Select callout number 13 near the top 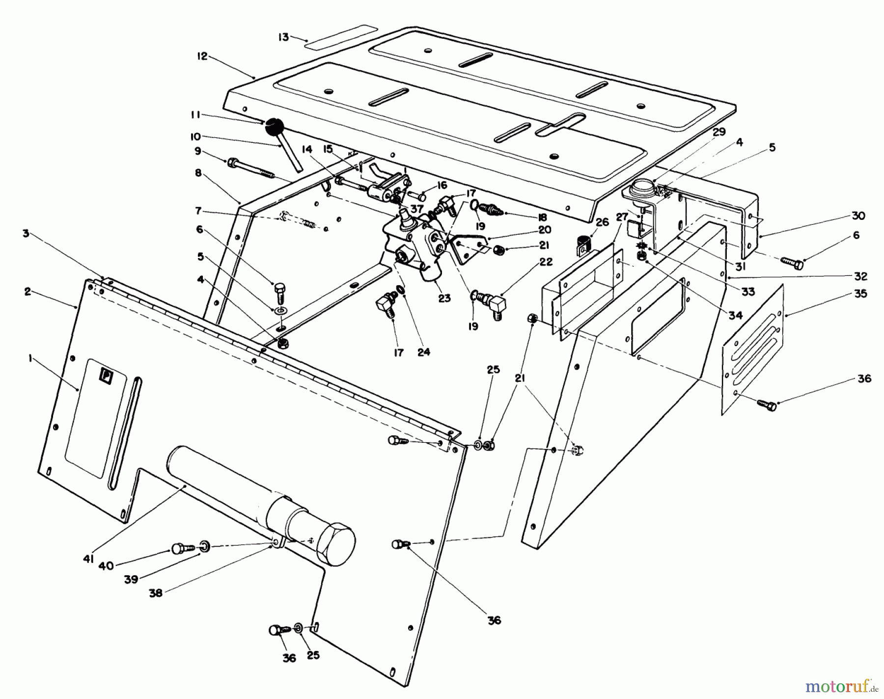(283, 37)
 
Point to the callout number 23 (444, 298)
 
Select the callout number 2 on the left (27, 292)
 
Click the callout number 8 (198, 173)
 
